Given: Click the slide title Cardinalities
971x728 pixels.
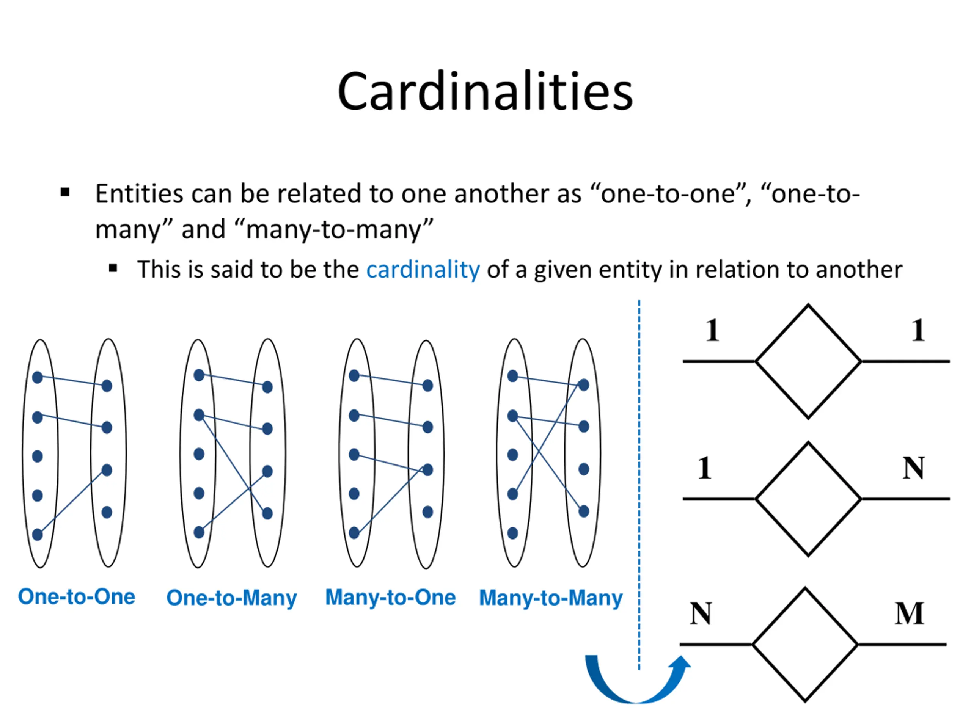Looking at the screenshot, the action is (x=485, y=92).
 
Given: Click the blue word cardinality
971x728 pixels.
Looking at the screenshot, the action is (x=423, y=270).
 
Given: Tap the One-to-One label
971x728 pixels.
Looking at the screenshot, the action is (x=76, y=597).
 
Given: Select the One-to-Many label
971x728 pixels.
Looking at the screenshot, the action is (x=231, y=598).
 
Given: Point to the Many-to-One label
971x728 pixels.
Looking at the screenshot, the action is (x=390, y=597).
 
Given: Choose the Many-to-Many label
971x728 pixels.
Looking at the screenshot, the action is (x=550, y=598).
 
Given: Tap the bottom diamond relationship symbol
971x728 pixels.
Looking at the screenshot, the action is (x=805, y=645).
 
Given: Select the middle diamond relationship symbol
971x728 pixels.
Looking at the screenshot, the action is (x=808, y=499).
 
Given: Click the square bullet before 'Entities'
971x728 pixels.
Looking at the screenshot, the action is (x=65, y=192).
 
